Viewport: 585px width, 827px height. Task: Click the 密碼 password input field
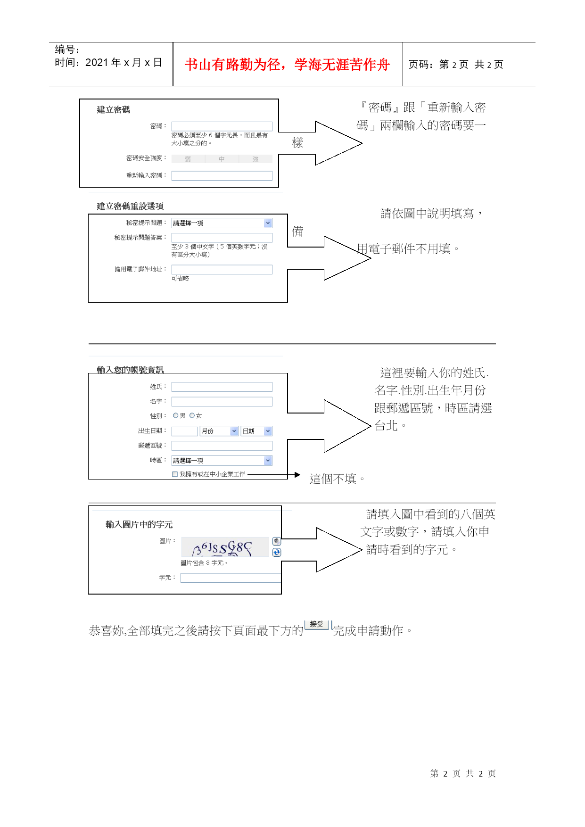click(222, 126)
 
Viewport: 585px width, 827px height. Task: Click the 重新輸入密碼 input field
click(222, 176)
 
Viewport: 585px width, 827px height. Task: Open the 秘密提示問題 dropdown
click(222, 223)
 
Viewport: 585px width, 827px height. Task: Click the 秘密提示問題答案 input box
click(222, 238)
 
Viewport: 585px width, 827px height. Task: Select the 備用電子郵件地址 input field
click(222, 269)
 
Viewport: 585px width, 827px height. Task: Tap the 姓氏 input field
click(222, 387)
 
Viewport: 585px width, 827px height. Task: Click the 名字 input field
click(222, 402)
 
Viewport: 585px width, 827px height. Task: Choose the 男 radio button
click(176, 415)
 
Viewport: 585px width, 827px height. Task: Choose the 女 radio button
click(192, 415)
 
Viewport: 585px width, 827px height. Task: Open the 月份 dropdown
click(219, 431)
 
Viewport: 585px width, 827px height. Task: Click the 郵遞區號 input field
click(222, 446)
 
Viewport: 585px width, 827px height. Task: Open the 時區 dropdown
click(222, 461)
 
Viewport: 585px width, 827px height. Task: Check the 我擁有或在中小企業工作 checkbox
click(175, 474)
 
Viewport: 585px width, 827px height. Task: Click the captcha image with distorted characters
click(225, 547)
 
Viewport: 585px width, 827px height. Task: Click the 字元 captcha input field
click(231, 578)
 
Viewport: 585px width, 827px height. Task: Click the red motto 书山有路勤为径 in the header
click(287, 65)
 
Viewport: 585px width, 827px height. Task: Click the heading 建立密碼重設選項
click(130, 207)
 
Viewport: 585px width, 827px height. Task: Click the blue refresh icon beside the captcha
click(277, 553)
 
